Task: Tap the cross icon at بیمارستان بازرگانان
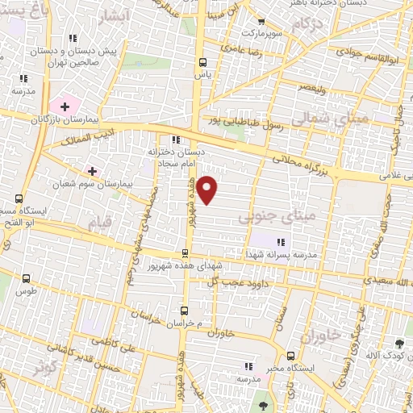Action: (65, 106)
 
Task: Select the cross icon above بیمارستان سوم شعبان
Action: (92, 171)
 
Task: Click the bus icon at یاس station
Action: (202, 62)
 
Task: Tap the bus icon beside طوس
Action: (27, 279)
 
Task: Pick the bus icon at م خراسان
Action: (185, 311)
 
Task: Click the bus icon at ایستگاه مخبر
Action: (291, 355)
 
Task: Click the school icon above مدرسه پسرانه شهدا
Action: (281, 242)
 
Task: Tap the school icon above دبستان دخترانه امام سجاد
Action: (176, 140)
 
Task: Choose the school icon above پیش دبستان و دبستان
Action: (73, 38)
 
